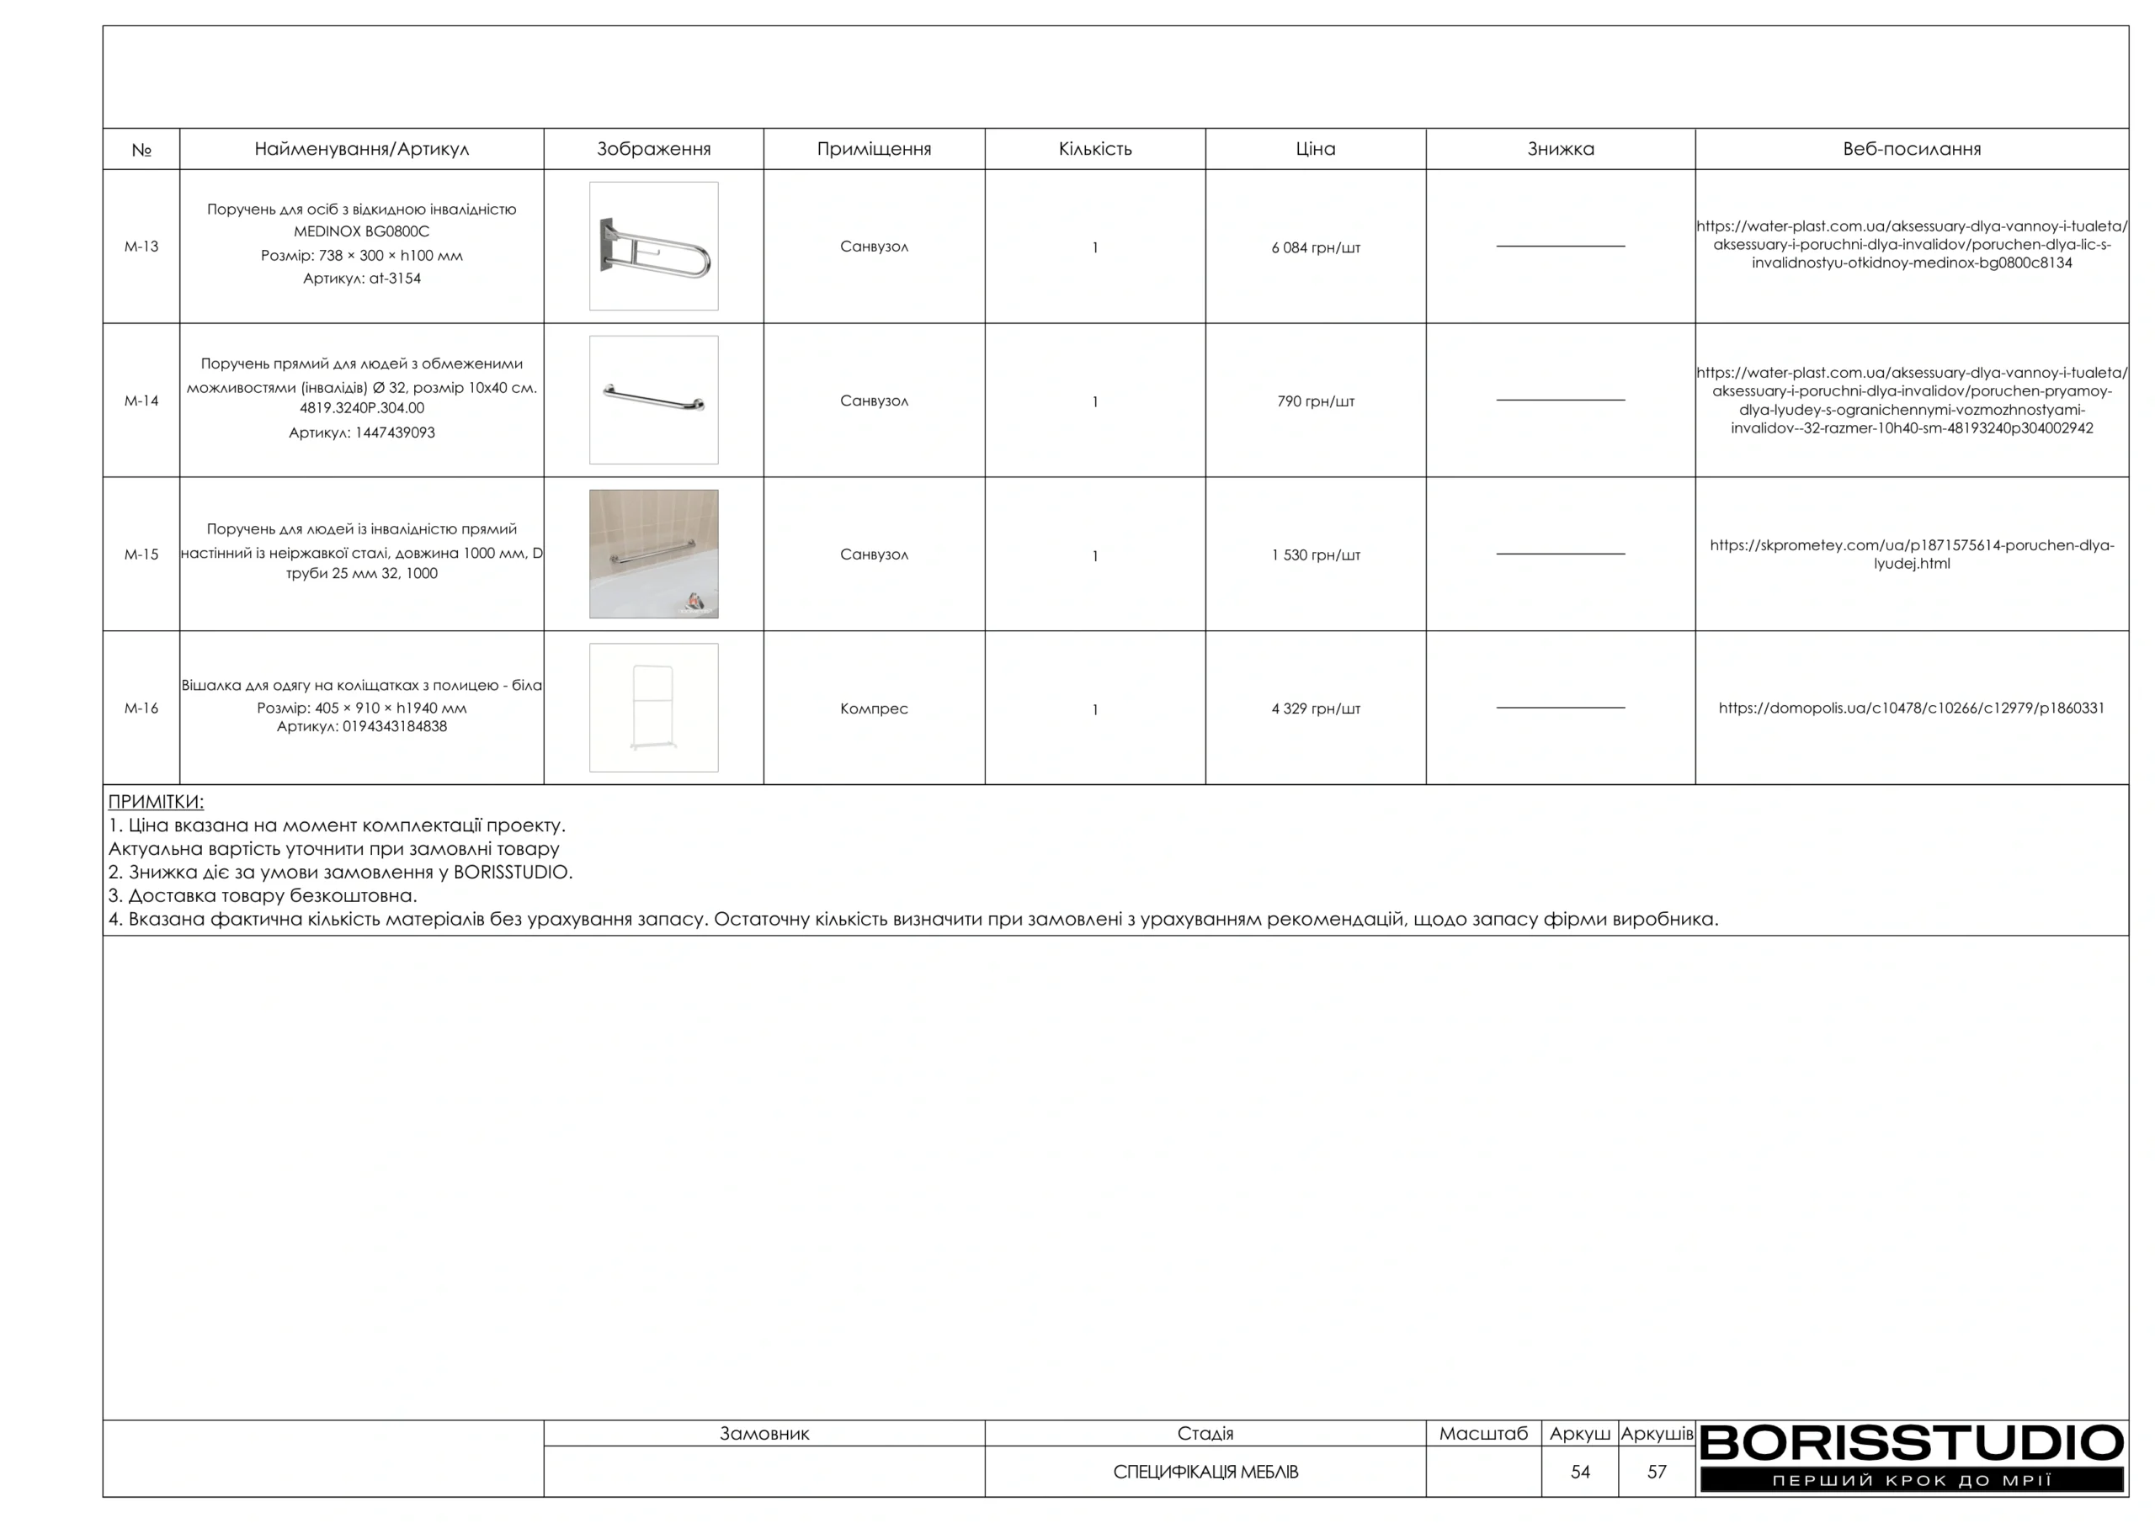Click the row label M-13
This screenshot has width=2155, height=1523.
tap(141, 247)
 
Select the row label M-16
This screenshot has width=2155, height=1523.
tap(141, 708)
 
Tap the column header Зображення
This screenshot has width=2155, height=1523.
tap(653, 149)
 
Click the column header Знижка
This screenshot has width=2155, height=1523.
tap(1560, 149)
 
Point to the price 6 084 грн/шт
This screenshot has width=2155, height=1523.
tap(1315, 247)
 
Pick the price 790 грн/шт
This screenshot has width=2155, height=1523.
tap(1315, 401)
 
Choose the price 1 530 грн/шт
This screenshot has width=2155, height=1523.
tap(1315, 555)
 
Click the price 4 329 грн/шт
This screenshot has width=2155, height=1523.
tap(1315, 708)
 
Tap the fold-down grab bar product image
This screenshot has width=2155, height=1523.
tap(653, 247)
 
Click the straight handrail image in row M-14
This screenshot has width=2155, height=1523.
tap(653, 400)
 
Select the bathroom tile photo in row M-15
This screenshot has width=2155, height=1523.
tap(653, 554)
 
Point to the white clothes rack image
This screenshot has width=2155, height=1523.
tap(653, 708)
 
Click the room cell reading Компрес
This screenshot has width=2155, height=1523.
tap(874, 708)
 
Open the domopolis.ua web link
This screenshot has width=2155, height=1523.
tap(1911, 708)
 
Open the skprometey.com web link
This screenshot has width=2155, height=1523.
tap(1911, 555)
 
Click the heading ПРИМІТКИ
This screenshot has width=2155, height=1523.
tap(156, 801)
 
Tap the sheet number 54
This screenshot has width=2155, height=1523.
tap(1580, 1472)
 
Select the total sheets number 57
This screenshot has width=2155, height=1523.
tap(1657, 1472)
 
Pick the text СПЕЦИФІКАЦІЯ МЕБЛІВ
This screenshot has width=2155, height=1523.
tap(1205, 1472)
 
